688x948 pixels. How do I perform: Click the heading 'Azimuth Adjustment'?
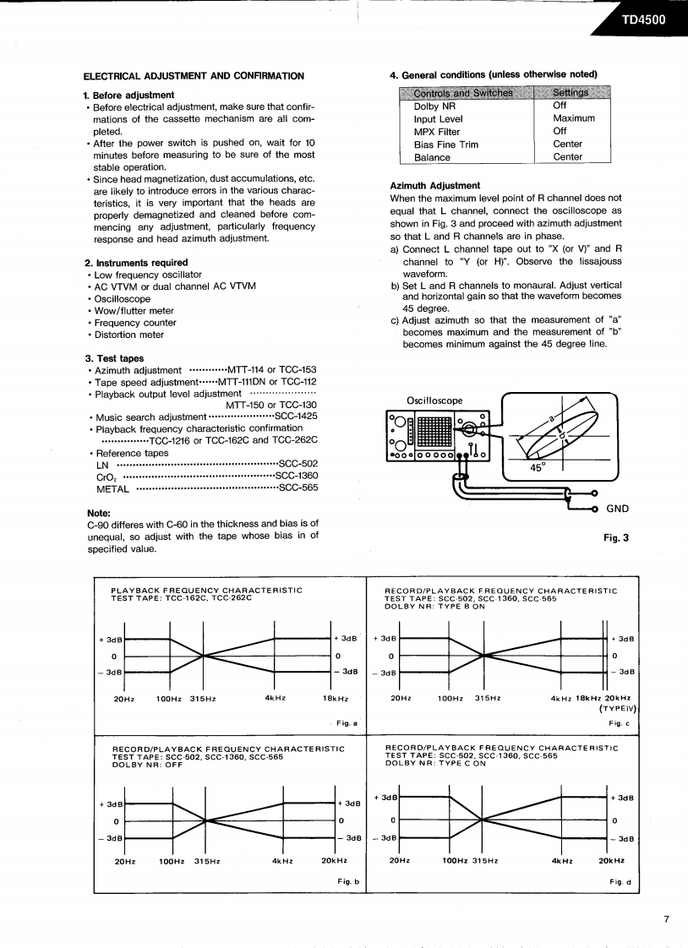(434, 186)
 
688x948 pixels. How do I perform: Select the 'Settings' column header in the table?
(571, 93)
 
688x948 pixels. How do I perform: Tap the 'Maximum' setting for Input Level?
(574, 119)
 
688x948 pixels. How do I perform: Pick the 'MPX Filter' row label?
(437, 132)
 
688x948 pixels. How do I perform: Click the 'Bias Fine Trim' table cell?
(445, 144)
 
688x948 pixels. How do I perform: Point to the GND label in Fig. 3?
(618, 509)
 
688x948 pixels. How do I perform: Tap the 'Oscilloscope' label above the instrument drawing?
(434, 400)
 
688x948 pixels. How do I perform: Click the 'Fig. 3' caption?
(614, 537)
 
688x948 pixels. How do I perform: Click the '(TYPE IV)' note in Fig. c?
(617, 709)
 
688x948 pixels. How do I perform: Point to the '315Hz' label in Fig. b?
(207, 861)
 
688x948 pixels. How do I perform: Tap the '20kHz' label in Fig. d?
(611, 860)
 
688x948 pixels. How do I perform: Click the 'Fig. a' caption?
(347, 723)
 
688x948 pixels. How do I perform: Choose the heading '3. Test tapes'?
(114, 358)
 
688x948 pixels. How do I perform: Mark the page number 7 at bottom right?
(666, 920)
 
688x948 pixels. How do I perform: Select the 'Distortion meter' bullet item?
(128, 335)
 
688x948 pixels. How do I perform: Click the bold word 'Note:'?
(99, 513)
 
